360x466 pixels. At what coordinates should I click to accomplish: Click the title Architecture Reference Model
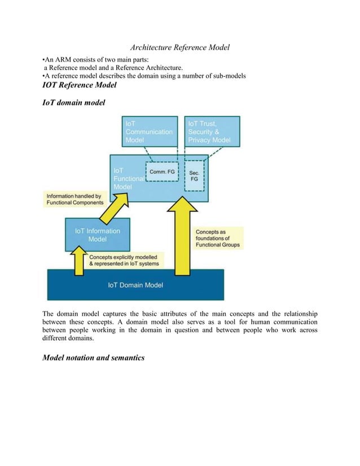point(180,47)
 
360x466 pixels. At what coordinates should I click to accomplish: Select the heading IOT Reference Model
point(80,85)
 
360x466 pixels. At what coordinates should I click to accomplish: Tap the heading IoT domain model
point(73,104)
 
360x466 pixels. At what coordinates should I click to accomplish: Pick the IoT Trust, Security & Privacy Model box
point(212,131)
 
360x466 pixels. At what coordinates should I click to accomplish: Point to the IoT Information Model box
point(97,235)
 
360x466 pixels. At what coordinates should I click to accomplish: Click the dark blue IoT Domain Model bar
point(135,285)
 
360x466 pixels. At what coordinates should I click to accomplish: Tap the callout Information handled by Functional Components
point(75,199)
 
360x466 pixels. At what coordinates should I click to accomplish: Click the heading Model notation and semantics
point(93,357)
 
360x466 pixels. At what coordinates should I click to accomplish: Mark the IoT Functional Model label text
point(124,178)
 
